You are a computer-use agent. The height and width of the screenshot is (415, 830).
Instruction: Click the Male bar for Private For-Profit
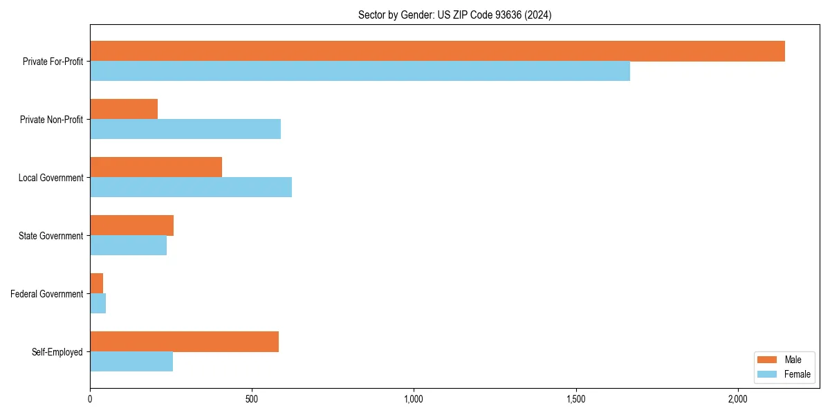tap(437, 51)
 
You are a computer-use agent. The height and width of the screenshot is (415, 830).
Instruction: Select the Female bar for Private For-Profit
tap(360, 71)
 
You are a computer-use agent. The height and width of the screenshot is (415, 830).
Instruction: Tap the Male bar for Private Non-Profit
tap(124, 109)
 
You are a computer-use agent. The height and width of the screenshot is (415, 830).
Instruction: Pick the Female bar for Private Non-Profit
tap(185, 129)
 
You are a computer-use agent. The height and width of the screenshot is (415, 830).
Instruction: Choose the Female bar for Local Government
tap(191, 187)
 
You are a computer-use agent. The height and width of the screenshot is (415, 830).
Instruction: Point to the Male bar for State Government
tap(131, 225)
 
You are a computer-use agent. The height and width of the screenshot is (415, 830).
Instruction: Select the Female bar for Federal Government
tap(98, 304)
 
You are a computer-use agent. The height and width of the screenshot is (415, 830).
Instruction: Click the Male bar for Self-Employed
tap(184, 342)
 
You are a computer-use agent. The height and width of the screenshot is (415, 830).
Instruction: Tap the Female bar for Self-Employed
tap(131, 362)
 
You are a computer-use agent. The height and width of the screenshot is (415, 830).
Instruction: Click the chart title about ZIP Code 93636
tap(454, 15)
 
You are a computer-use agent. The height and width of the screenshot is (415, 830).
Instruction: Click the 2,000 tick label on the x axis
tap(737, 400)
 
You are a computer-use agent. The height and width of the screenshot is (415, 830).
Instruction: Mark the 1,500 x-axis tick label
tap(575, 400)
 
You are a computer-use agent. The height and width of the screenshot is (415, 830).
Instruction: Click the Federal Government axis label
tap(47, 294)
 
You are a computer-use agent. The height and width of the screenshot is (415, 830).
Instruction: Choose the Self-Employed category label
tap(57, 352)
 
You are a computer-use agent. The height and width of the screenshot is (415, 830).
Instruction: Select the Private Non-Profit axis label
tap(51, 120)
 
